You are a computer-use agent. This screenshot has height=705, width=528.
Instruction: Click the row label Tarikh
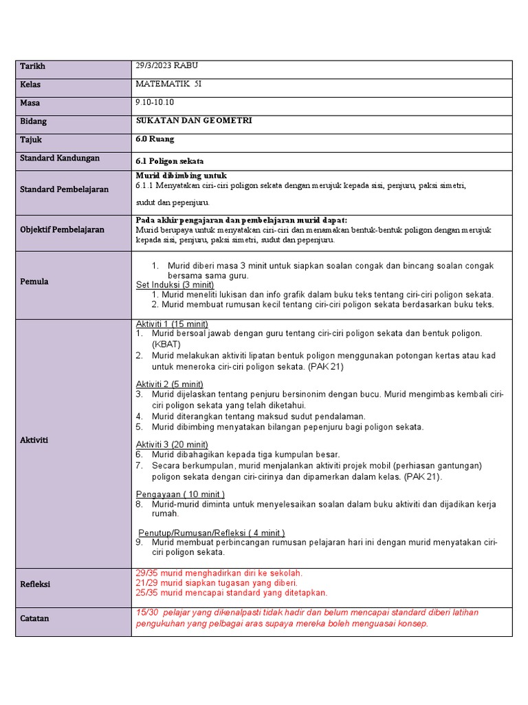click(x=32, y=66)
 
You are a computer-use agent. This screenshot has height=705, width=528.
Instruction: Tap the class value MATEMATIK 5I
click(x=169, y=84)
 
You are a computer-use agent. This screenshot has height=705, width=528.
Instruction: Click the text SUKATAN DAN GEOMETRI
click(x=194, y=120)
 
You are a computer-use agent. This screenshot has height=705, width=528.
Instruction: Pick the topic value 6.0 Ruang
click(x=155, y=139)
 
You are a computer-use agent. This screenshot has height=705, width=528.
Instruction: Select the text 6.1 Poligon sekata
click(x=170, y=160)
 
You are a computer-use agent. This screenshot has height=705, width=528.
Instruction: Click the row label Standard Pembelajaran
click(x=64, y=189)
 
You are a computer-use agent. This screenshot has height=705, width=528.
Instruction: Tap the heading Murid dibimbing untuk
click(x=181, y=176)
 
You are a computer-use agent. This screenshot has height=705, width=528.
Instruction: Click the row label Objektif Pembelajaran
click(x=62, y=229)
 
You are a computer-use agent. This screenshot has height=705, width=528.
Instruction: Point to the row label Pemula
click(x=34, y=282)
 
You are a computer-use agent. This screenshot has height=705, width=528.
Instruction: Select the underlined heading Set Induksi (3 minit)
click(x=175, y=285)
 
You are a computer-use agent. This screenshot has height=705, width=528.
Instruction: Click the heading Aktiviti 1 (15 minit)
click(x=172, y=324)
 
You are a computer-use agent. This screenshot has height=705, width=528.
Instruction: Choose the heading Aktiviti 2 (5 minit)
click(x=169, y=384)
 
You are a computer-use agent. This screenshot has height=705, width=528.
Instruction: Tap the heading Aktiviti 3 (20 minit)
click(x=172, y=445)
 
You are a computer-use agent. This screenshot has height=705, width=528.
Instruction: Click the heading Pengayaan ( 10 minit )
click(x=180, y=494)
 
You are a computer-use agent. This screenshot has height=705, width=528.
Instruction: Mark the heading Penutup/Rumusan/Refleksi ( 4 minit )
click(x=212, y=533)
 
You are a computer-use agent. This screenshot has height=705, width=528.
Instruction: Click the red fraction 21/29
click(x=147, y=582)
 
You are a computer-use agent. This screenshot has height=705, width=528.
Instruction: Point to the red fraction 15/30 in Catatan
click(x=147, y=613)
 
